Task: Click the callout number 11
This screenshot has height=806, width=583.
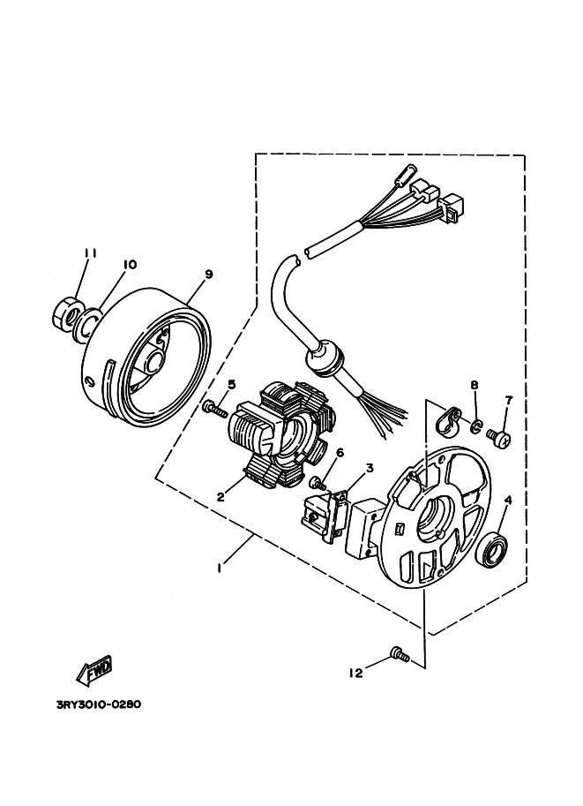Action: point(91,253)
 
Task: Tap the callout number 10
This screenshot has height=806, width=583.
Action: point(130,264)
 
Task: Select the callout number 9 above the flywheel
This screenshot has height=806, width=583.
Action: point(208,274)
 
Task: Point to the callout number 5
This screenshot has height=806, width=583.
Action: point(232,384)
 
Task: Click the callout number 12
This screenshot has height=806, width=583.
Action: point(356,673)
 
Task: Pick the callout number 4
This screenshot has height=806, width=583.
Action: point(508,500)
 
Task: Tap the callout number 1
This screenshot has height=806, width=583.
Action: point(220,568)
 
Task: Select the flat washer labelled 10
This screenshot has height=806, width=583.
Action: point(86,324)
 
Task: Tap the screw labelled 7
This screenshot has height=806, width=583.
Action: point(498,437)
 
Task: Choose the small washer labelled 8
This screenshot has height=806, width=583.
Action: point(476,426)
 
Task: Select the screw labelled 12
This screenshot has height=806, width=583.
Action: point(400,654)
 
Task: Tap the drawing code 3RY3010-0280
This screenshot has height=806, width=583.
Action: point(98,704)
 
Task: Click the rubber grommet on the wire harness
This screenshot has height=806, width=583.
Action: point(325,358)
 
